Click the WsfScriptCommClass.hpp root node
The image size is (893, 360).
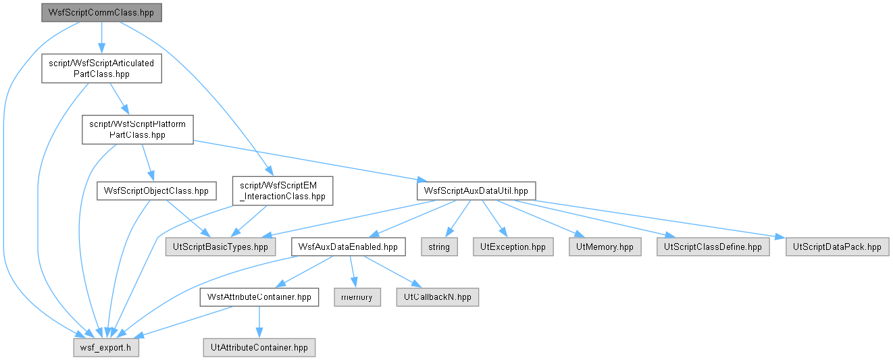click(101, 13)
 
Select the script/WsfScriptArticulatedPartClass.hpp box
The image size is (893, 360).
click(101, 69)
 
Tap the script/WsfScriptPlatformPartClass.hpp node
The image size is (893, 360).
click(138, 130)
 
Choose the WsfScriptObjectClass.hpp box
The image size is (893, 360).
click(157, 191)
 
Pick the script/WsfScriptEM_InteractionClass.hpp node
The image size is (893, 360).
click(282, 191)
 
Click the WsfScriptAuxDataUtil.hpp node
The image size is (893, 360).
click(476, 191)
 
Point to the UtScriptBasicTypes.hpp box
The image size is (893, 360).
click(220, 247)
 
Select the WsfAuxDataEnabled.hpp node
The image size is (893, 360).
click(348, 247)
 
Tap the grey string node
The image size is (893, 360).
click(439, 247)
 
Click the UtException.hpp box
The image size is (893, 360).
click(513, 247)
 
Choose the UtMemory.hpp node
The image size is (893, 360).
click(605, 247)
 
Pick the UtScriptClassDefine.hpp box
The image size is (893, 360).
click(713, 247)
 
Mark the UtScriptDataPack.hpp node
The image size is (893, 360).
click(837, 247)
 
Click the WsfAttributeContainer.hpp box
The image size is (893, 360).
click(259, 297)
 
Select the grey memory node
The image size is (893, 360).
click(357, 297)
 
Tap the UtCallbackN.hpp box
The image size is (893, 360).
click(437, 297)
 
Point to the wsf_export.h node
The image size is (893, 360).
click(106, 348)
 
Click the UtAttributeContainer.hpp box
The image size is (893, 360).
click(259, 348)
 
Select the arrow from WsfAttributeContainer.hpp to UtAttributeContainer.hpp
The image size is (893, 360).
click(259, 322)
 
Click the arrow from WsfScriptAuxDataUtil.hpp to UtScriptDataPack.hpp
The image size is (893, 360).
click(650, 220)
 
